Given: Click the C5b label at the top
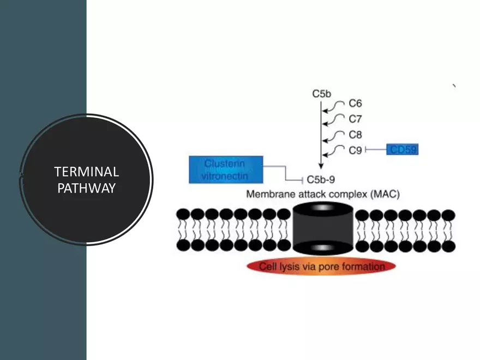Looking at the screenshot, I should (322, 94).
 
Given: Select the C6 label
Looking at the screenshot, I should (355, 103).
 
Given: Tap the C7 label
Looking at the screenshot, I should (355, 118).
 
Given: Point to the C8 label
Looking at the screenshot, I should (355, 134).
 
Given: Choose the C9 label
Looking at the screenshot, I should (355, 149).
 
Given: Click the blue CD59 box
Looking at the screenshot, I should (402, 149).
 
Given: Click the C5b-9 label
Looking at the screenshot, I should (322, 178).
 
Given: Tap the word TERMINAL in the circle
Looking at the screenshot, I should (87, 172).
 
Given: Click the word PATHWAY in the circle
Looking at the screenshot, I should (87, 189).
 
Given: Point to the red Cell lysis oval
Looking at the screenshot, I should (321, 266).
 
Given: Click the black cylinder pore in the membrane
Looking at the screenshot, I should (322, 230).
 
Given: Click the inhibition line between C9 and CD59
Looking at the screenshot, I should (376, 149).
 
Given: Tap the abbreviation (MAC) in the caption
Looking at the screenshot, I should (384, 194).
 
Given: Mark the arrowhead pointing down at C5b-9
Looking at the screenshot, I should (321, 167).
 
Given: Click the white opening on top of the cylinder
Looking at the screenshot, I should (322, 208).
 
